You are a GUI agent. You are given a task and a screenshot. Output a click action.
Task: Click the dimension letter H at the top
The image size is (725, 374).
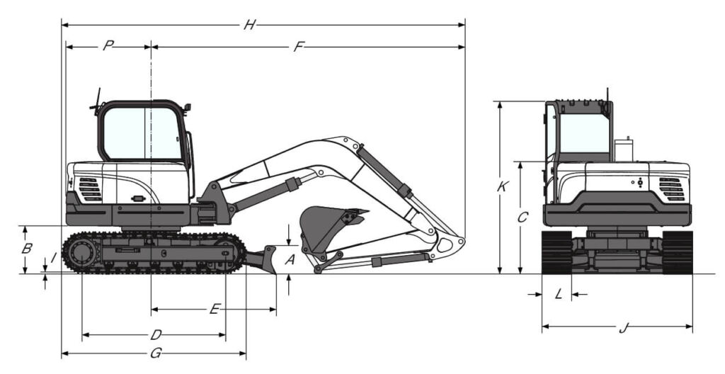click(x=250, y=25)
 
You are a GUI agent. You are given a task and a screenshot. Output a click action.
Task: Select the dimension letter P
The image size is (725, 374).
click(x=108, y=46)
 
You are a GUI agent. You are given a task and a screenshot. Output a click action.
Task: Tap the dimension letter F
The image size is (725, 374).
click(x=299, y=47)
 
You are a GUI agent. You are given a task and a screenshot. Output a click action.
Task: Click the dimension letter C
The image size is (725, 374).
click(x=523, y=217)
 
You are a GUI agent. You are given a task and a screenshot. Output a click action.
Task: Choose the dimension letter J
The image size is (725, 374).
click(x=623, y=328)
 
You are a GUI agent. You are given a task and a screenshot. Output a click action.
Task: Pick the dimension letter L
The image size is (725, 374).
click(x=559, y=294)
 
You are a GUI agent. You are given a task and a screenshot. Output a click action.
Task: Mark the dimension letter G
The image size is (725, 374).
click(x=156, y=353)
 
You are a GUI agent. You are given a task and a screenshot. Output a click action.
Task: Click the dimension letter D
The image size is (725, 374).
click(x=156, y=334)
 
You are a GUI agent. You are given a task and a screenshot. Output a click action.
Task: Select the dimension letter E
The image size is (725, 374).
click(x=214, y=309)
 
